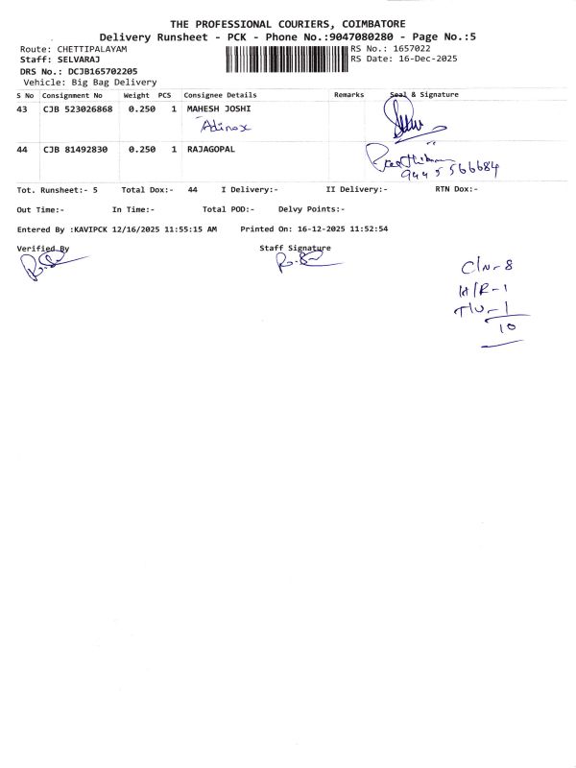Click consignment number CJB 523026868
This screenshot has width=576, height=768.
[x=78, y=110]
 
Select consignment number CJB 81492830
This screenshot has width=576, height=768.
[x=74, y=151]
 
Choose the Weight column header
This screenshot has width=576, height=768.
[x=135, y=96]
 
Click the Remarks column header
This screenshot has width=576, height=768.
[x=348, y=96]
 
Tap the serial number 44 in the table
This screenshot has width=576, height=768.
[x=22, y=151]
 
